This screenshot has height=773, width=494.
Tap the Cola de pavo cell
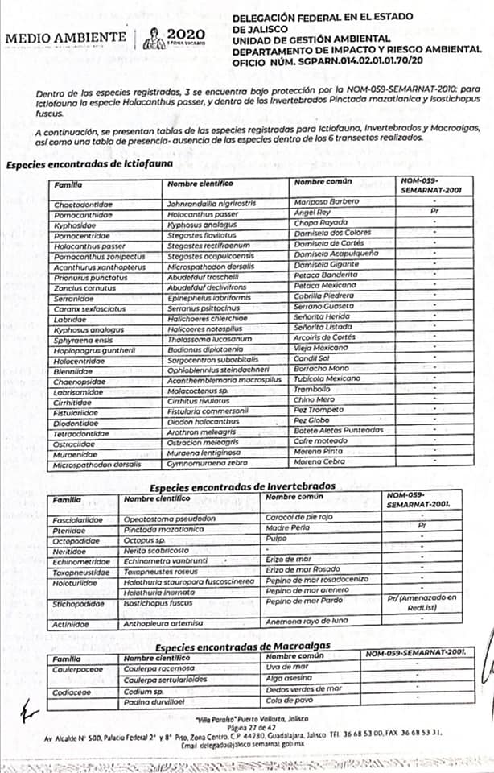(291, 701)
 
